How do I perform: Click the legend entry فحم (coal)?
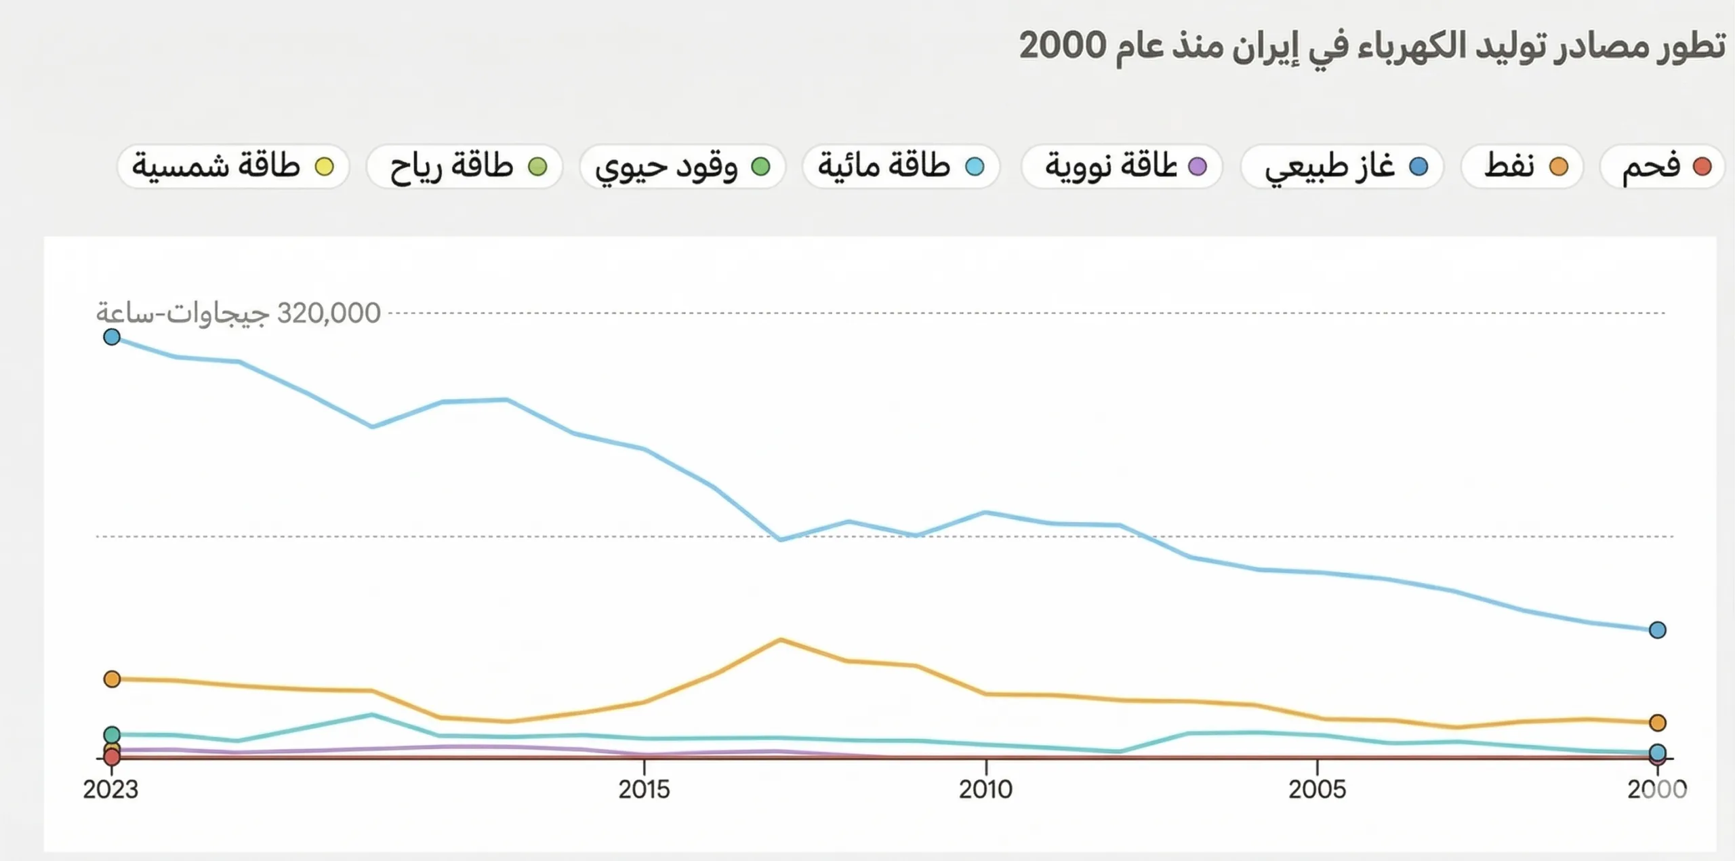click(x=1662, y=166)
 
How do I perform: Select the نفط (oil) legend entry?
click(x=1522, y=166)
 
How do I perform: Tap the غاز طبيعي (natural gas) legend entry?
click(x=1342, y=166)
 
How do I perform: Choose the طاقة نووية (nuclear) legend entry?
click(x=1122, y=166)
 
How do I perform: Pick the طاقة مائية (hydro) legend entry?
click(x=901, y=166)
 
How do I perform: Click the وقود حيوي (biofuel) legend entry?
click(x=682, y=166)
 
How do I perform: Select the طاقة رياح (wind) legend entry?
click(x=465, y=166)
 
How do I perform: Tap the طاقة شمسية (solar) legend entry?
click(x=232, y=166)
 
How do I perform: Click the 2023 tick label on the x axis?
click(x=110, y=789)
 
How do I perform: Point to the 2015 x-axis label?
click(x=644, y=789)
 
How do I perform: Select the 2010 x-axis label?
click(x=985, y=789)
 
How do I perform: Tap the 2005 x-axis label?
click(x=1317, y=789)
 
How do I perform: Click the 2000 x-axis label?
click(x=1657, y=789)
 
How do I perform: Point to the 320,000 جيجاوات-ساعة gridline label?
click(x=239, y=313)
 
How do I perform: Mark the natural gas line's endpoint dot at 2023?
click(x=112, y=337)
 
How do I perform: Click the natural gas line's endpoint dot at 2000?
click(x=1658, y=630)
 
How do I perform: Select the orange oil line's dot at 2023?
click(x=112, y=679)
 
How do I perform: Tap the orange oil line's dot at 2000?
click(x=1658, y=723)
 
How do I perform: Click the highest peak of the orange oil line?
click(x=781, y=639)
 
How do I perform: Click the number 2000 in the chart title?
click(x=1063, y=46)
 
